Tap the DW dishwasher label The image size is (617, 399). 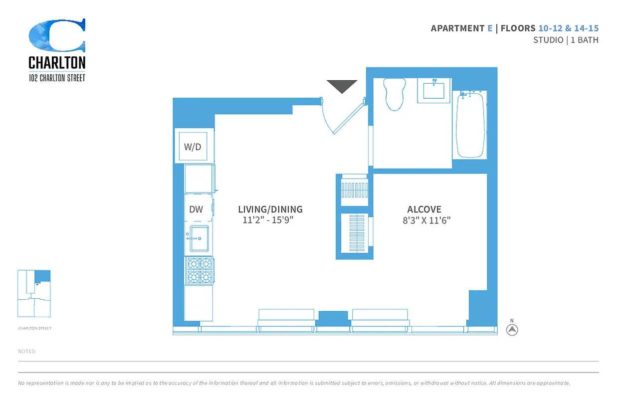coord(196,209)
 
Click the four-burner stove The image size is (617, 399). coord(200,270)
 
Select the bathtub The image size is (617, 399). coord(470,125)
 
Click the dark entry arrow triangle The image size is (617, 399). coord(342,86)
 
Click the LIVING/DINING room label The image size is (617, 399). coord(270,209)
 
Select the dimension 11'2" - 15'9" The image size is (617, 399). coord(268,220)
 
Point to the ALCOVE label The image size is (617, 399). coord(424,209)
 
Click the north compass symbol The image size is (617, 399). coord(512,330)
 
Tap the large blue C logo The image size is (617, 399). coord(57,35)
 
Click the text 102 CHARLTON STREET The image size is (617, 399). coord(57,78)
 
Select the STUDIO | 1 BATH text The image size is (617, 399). coord(566,40)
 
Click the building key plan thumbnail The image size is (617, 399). coord(34,293)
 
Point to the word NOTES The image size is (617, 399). coord(27,352)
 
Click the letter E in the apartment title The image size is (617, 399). coord(490,28)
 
